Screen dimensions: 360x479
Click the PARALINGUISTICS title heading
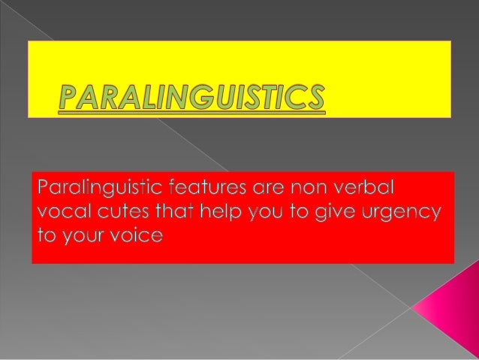coord(192,98)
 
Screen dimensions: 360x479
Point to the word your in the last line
coord(82,236)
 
